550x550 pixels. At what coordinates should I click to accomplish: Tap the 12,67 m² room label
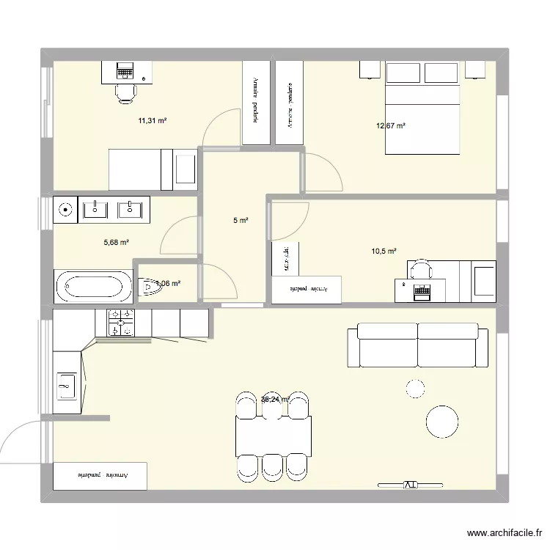click(391, 125)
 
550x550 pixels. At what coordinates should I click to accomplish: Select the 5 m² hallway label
click(241, 220)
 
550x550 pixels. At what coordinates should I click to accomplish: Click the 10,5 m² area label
click(384, 251)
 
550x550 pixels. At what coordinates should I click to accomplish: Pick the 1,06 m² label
click(167, 283)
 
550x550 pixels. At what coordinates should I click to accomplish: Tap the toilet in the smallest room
click(148, 287)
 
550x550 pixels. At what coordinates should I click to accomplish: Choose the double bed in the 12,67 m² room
click(422, 110)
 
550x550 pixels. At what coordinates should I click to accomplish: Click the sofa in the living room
click(417, 345)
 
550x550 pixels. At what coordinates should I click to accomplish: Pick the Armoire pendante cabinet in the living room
click(101, 476)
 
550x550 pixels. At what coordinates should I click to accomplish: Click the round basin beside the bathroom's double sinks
click(66, 210)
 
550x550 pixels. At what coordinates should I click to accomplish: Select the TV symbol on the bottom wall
click(410, 485)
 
